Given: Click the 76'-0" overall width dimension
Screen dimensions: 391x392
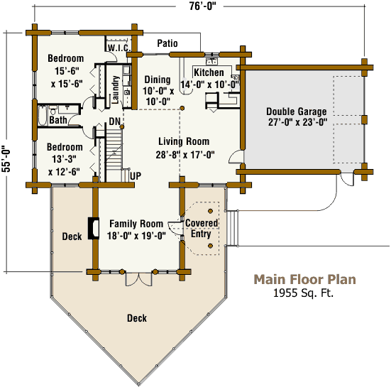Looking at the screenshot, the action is (202, 6).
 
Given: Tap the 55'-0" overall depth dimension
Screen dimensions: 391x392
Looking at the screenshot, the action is (6, 159).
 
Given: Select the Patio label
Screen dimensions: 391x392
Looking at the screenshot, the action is (167, 43).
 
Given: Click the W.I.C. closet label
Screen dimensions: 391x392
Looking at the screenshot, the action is (119, 48).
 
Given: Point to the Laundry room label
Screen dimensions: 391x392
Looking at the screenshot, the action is (115, 90).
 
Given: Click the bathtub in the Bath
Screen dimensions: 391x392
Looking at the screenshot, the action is (43, 116).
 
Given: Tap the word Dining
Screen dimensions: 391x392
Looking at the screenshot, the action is (158, 80).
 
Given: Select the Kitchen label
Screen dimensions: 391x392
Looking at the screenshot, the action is (209, 72).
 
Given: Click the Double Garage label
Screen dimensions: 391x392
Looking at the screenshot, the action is (297, 111).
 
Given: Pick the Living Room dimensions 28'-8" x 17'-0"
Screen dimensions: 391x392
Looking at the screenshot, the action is (185, 155).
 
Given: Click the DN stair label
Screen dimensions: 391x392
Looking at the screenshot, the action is (115, 121).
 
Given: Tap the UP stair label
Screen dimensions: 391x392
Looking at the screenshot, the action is (136, 176).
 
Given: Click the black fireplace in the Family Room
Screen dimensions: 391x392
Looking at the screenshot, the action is (94, 228).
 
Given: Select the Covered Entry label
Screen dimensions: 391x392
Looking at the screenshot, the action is (202, 228).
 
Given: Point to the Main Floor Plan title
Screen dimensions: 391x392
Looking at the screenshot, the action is (305, 279).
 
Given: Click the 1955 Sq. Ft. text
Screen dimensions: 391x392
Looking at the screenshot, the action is (303, 293).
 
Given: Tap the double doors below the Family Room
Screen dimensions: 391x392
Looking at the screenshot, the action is (138, 279).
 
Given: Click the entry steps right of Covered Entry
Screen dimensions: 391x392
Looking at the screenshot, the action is (232, 228).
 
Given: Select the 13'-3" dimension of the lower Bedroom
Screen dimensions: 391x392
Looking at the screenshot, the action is (64, 159).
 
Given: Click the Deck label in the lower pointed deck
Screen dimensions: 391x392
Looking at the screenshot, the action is (137, 318).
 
